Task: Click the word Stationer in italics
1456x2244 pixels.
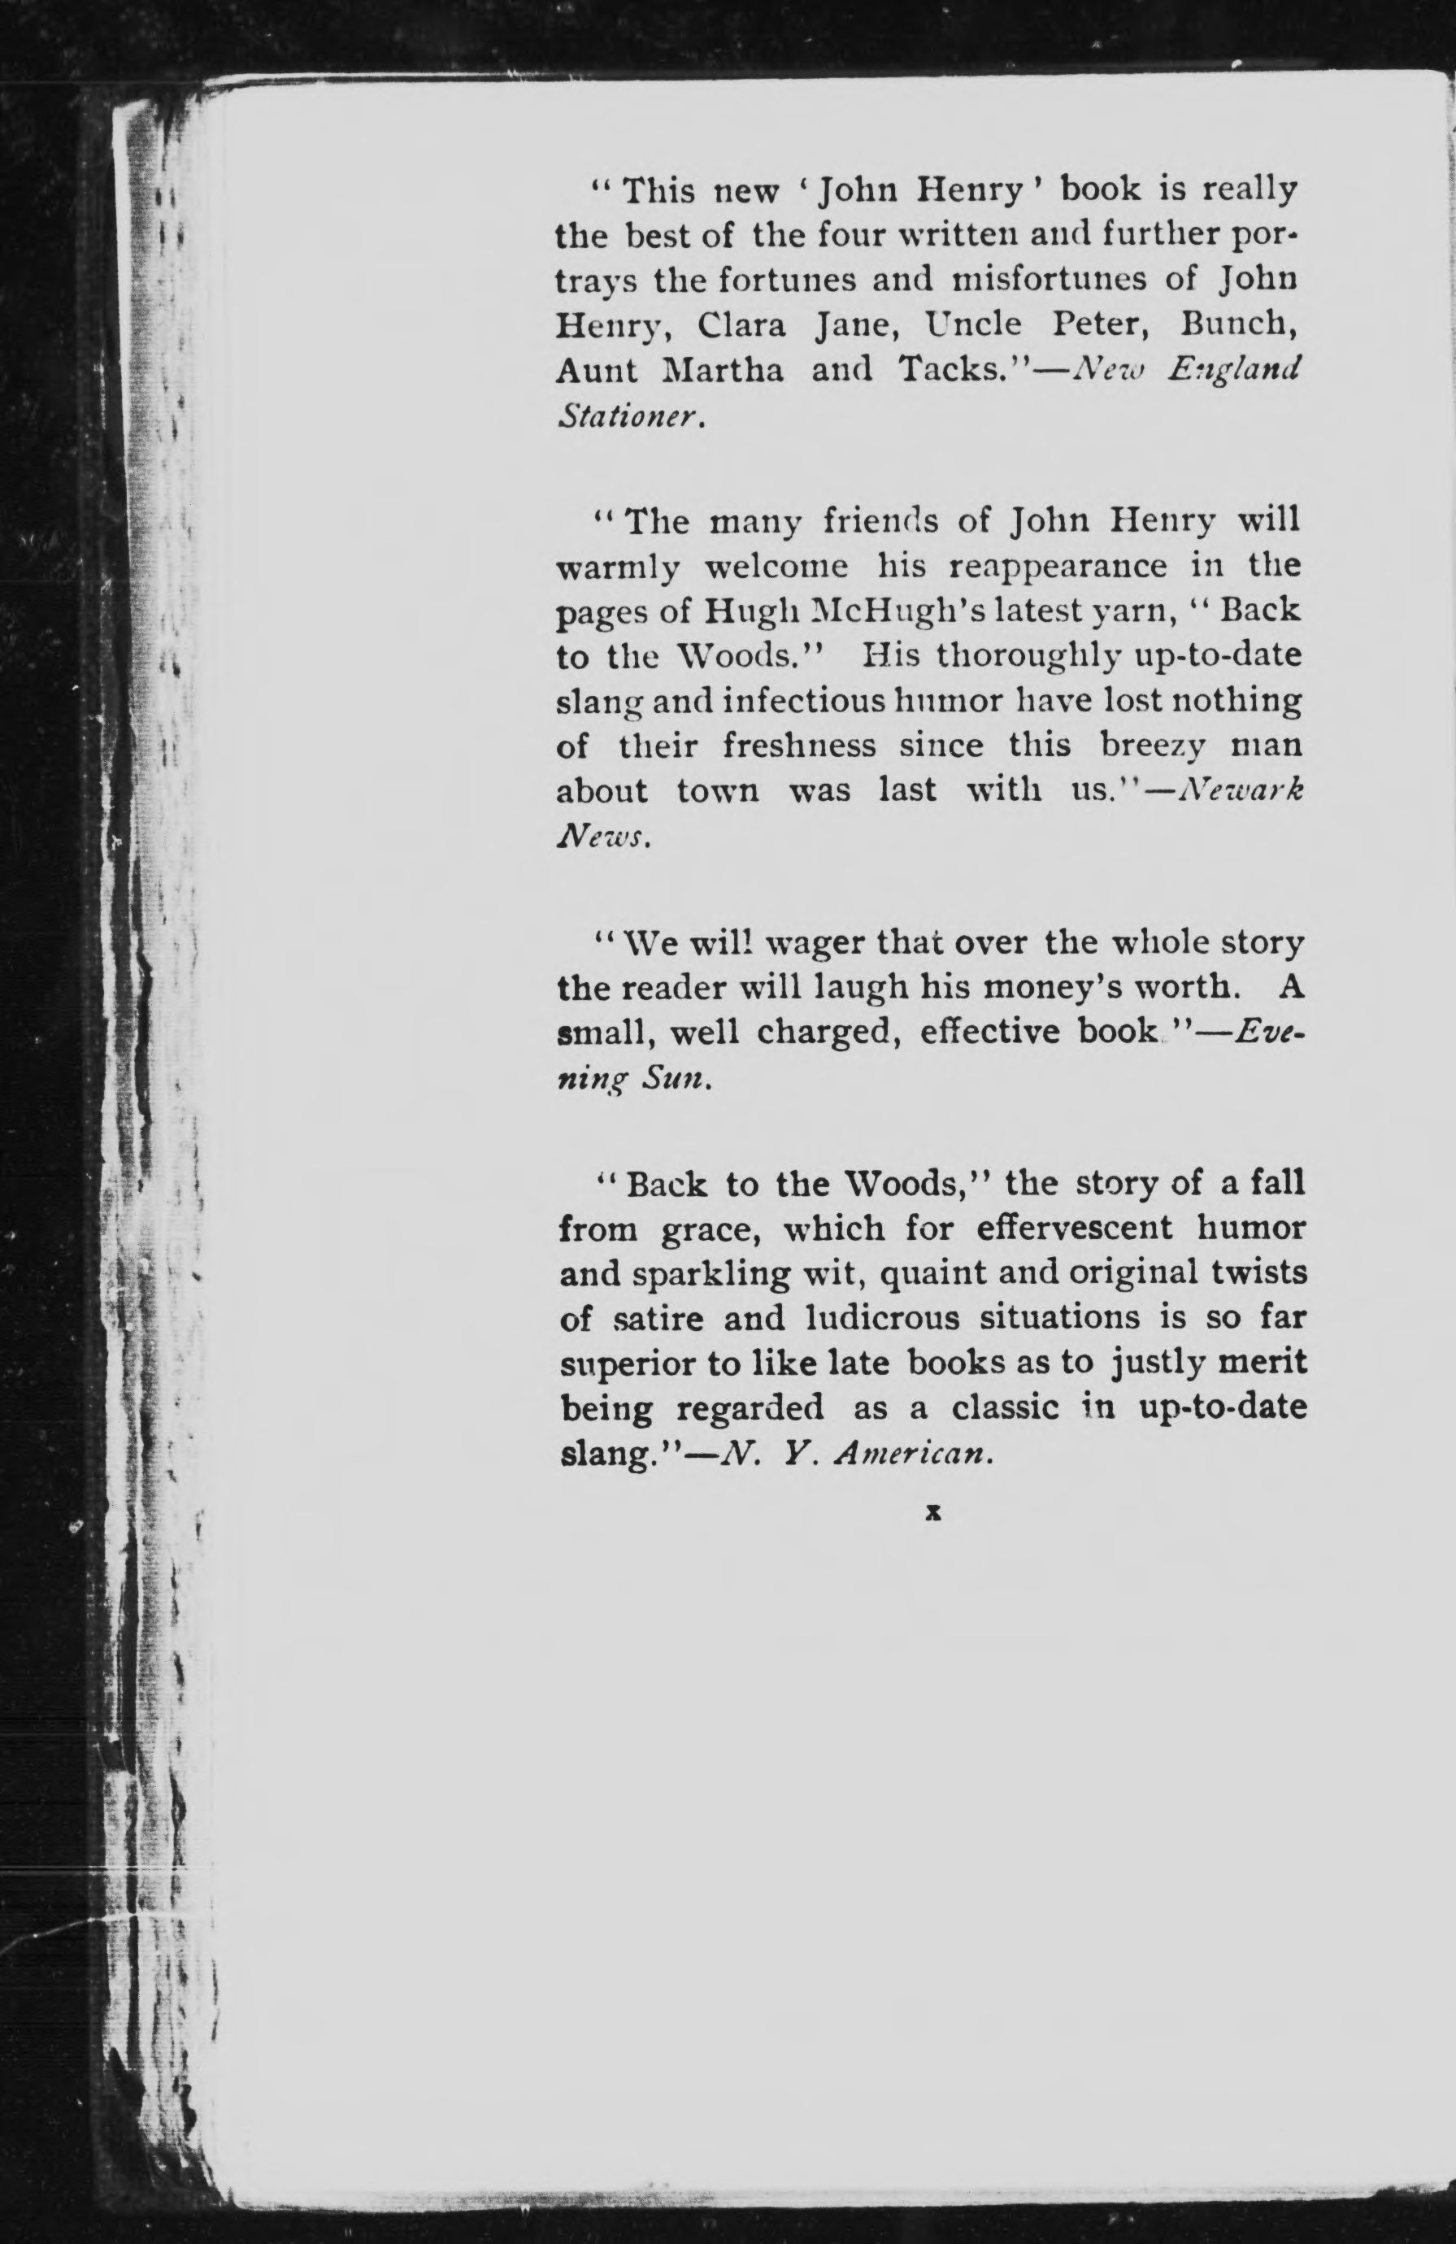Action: click(630, 415)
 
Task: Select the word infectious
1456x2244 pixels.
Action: click(818, 702)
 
